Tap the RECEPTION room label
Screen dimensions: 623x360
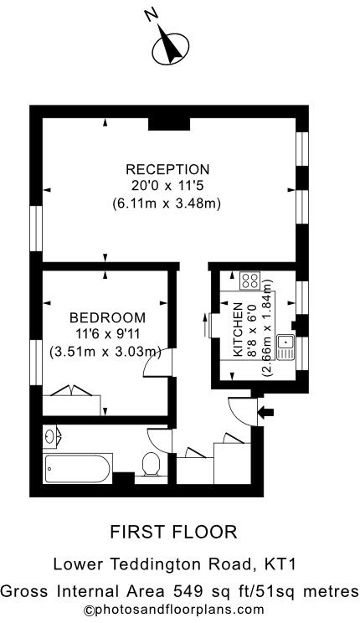[x=167, y=168]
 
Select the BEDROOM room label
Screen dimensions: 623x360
[x=107, y=317]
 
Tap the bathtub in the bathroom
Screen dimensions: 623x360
[x=77, y=469]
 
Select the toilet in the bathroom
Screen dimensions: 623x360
[x=152, y=464]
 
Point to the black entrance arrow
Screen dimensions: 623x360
[x=267, y=410]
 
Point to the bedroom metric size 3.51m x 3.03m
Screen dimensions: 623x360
[x=105, y=351]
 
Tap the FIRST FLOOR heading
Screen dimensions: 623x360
[x=174, y=531]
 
